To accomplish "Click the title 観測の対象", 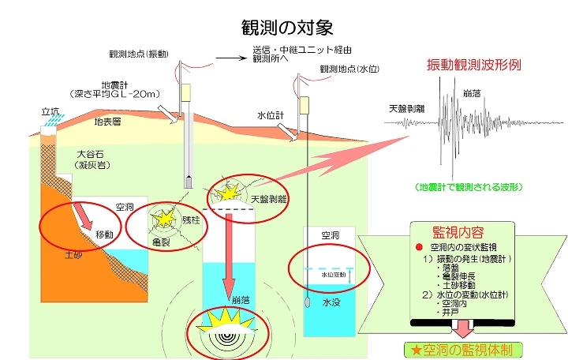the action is tap(287, 27).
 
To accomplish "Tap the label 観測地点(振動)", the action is tap(139, 54).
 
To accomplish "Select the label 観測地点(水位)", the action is tap(349, 69).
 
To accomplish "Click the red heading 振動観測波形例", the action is tap(474, 65).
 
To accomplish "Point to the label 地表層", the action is tap(107, 122).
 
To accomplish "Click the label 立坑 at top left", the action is tap(50, 111).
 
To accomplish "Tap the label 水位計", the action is tap(271, 115).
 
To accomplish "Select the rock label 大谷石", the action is tap(91, 154).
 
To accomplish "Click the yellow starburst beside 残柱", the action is tap(165, 219).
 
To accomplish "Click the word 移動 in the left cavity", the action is tap(104, 234).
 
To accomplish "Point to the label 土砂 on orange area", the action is tap(73, 255).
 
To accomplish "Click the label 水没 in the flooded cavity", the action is tap(331, 302).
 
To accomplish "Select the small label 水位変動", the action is tap(334, 275).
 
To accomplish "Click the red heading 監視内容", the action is tap(458, 232).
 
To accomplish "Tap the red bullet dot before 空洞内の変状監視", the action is tap(419, 247).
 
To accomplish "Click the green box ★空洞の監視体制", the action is tap(463, 351).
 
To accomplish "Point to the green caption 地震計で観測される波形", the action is tap(469, 187).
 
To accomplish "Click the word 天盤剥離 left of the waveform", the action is tap(406, 108).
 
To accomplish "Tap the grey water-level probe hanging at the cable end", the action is tap(308, 302).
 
